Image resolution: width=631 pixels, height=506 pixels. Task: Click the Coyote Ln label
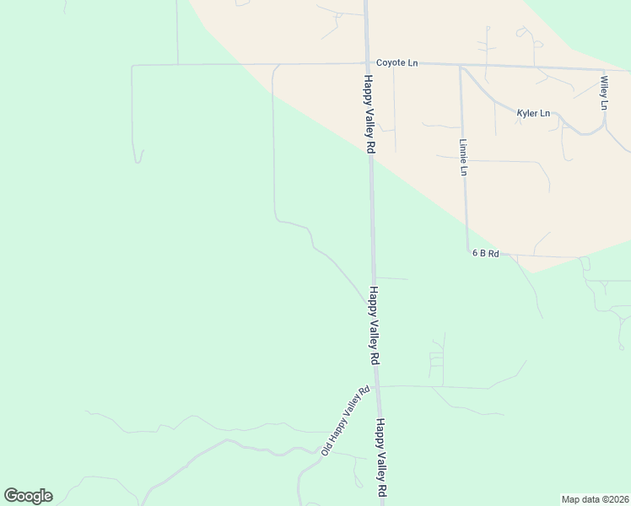point(396,63)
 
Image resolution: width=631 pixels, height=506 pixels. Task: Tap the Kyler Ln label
point(533,113)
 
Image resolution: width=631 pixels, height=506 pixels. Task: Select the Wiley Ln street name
point(604,93)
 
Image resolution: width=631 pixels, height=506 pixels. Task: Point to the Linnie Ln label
point(463,157)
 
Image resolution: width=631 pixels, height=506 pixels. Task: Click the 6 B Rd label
point(486,253)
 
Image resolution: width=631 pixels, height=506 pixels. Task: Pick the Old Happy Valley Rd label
point(346,422)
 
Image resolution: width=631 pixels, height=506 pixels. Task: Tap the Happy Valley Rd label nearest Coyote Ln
point(369,113)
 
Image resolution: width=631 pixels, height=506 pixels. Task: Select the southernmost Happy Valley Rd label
point(381,456)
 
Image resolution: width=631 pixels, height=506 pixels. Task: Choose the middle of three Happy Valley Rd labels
point(374,325)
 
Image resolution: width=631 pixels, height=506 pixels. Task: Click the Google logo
point(28,496)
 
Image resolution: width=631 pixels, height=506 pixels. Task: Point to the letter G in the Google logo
point(11,496)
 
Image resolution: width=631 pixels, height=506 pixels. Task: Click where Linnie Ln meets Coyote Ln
point(460,67)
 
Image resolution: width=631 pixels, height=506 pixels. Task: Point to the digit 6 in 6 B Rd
point(475,253)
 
